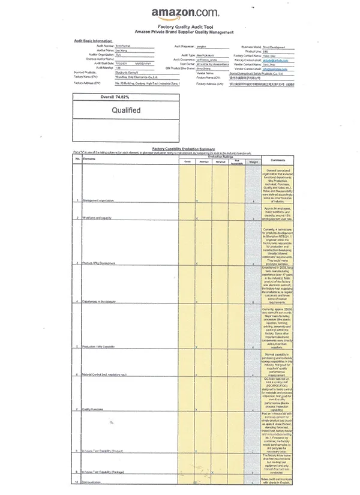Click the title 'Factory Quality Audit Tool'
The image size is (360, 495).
pos(182,27)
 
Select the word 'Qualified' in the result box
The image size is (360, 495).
pos(127,110)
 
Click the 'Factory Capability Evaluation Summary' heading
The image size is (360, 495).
pos(183,148)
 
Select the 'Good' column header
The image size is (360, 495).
pos(187,161)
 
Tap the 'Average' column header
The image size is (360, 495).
pos(205,161)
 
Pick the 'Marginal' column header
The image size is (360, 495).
pos(221,161)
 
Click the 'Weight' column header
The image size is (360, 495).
pos(253,161)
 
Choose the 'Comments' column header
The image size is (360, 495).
pos(277,160)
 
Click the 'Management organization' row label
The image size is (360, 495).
pos(98,200)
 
